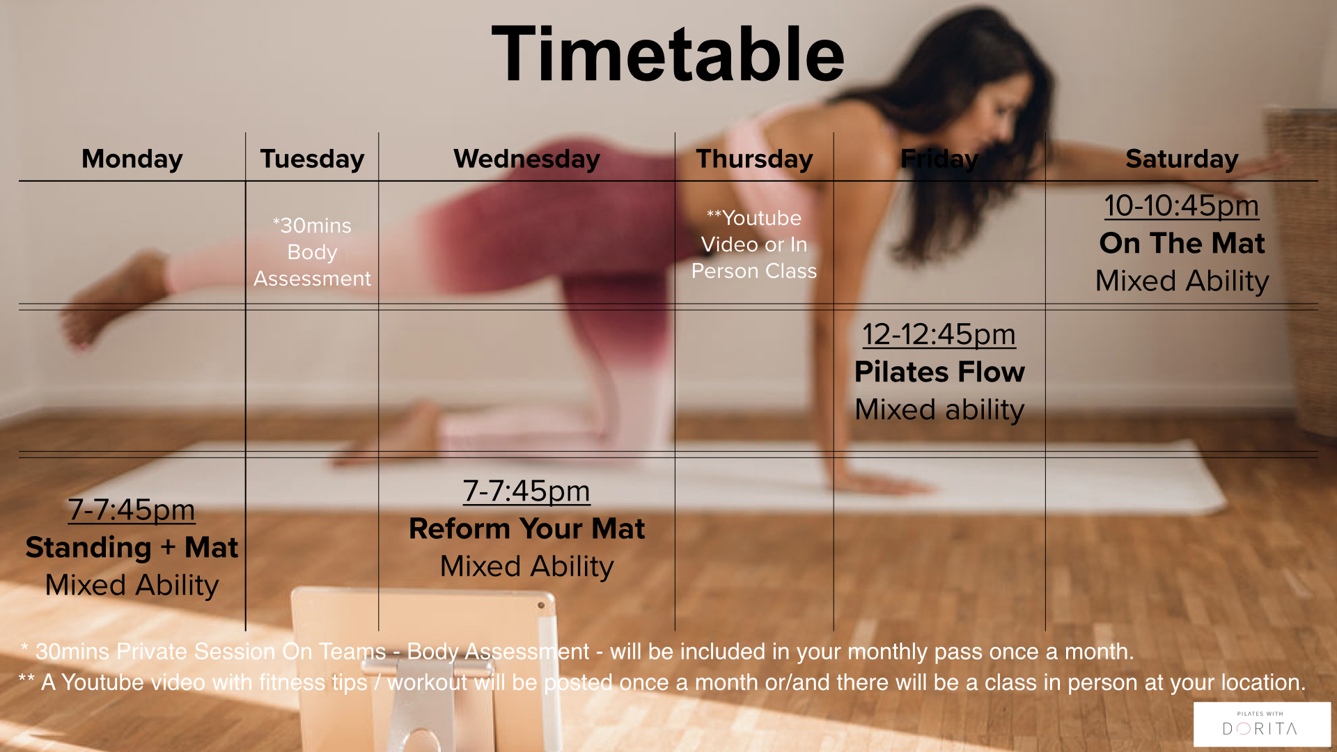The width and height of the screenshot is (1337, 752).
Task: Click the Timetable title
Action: pyautogui.click(x=668, y=55)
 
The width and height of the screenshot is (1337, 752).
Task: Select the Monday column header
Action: pyautogui.click(x=132, y=159)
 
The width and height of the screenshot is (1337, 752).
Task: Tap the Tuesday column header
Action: pyautogui.click(x=312, y=159)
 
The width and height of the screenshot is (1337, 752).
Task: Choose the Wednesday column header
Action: pyautogui.click(x=526, y=159)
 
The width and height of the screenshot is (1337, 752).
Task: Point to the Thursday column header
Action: pyautogui.click(x=754, y=159)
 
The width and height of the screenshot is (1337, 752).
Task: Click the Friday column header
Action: pyautogui.click(x=939, y=159)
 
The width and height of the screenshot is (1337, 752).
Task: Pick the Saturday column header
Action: pyautogui.click(x=1182, y=159)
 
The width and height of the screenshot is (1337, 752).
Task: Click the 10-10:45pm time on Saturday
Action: pyautogui.click(x=1182, y=205)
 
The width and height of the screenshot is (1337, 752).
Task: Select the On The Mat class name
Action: pyautogui.click(x=1182, y=243)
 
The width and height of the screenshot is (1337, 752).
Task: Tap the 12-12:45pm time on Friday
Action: pyautogui.click(x=939, y=334)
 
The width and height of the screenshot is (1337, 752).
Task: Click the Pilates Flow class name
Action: pyautogui.click(x=939, y=372)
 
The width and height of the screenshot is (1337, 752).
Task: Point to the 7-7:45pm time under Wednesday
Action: pyautogui.click(x=526, y=491)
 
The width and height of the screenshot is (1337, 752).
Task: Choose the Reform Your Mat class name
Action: pyautogui.click(x=526, y=528)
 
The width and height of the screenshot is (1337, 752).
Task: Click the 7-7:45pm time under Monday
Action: pyautogui.click(x=132, y=510)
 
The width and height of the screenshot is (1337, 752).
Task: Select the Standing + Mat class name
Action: pyautogui.click(x=132, y=547)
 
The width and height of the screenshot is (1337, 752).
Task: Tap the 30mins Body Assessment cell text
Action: pyautogui.click(x=312, y=251)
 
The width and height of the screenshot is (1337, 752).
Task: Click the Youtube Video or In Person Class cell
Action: pyautogui.click(x=754, y=244)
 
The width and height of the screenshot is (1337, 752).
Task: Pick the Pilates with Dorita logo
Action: pyautogui.click(x=1261, y=724)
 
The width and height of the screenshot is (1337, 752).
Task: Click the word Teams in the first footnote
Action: pyautogui.click(x=352, y=652)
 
